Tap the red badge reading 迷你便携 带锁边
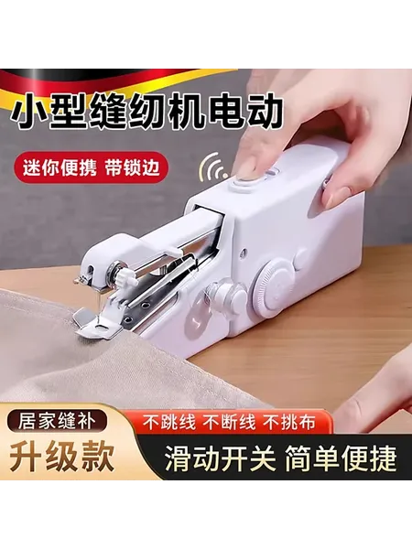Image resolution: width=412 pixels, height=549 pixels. click(92, 168)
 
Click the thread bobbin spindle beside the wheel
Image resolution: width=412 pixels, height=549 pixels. click(226, 297)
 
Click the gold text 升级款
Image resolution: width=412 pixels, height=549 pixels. click(61, 457)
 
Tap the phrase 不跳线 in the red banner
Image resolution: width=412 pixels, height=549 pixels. click(168, 422)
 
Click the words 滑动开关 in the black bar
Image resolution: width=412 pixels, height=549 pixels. click(221, 458)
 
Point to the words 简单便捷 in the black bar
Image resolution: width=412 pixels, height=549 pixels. click(341, 458)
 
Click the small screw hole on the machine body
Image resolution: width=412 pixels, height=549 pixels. click(244, 252)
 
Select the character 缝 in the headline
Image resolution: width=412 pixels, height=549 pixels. click(106, 113)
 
